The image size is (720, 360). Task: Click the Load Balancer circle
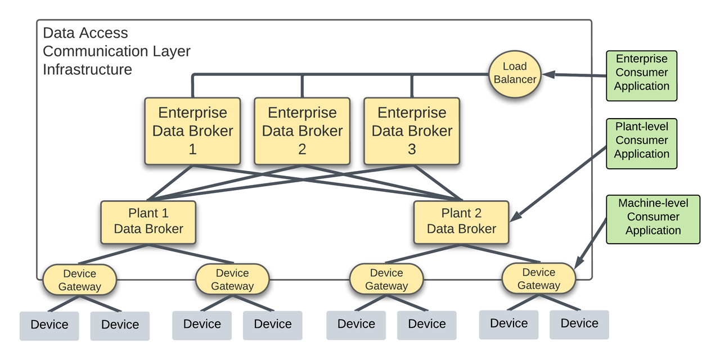coord(515,73)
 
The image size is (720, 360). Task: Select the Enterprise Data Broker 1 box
coord(192,131)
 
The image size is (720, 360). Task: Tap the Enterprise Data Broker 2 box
coord(302,131)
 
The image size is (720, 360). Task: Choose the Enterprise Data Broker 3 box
coord(412,131)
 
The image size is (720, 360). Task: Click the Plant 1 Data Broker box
coord(148,222)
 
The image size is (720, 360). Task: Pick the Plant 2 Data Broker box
coord(461,222)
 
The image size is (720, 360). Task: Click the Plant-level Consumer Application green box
coord(641,143)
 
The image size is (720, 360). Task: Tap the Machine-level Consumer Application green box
coord(652,219)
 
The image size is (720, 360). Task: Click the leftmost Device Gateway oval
coord(79,280)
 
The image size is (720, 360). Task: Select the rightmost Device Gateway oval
coord(538,278)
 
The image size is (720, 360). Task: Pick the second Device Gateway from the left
coord(232,280)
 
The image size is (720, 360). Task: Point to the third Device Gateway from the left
coord(386,280)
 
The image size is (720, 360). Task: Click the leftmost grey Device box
coord(49,325)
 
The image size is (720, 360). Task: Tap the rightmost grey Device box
coord(579,324)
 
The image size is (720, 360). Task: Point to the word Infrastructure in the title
coord(87,70)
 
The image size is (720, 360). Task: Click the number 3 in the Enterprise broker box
coord(412,150)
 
